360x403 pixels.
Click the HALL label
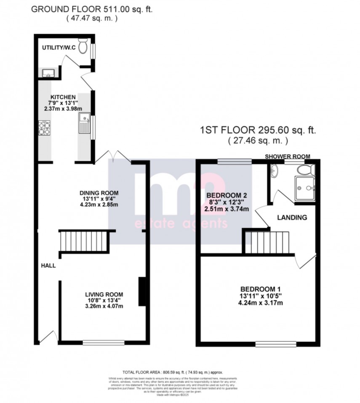pyautogui.click(x=48, y=266)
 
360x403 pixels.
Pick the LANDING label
pyautogui.click(x=291, y=218)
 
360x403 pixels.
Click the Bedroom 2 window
pyautogui.click(x=234, y=161)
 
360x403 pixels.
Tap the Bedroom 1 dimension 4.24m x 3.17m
pyautogui.click(x=260, y=303)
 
